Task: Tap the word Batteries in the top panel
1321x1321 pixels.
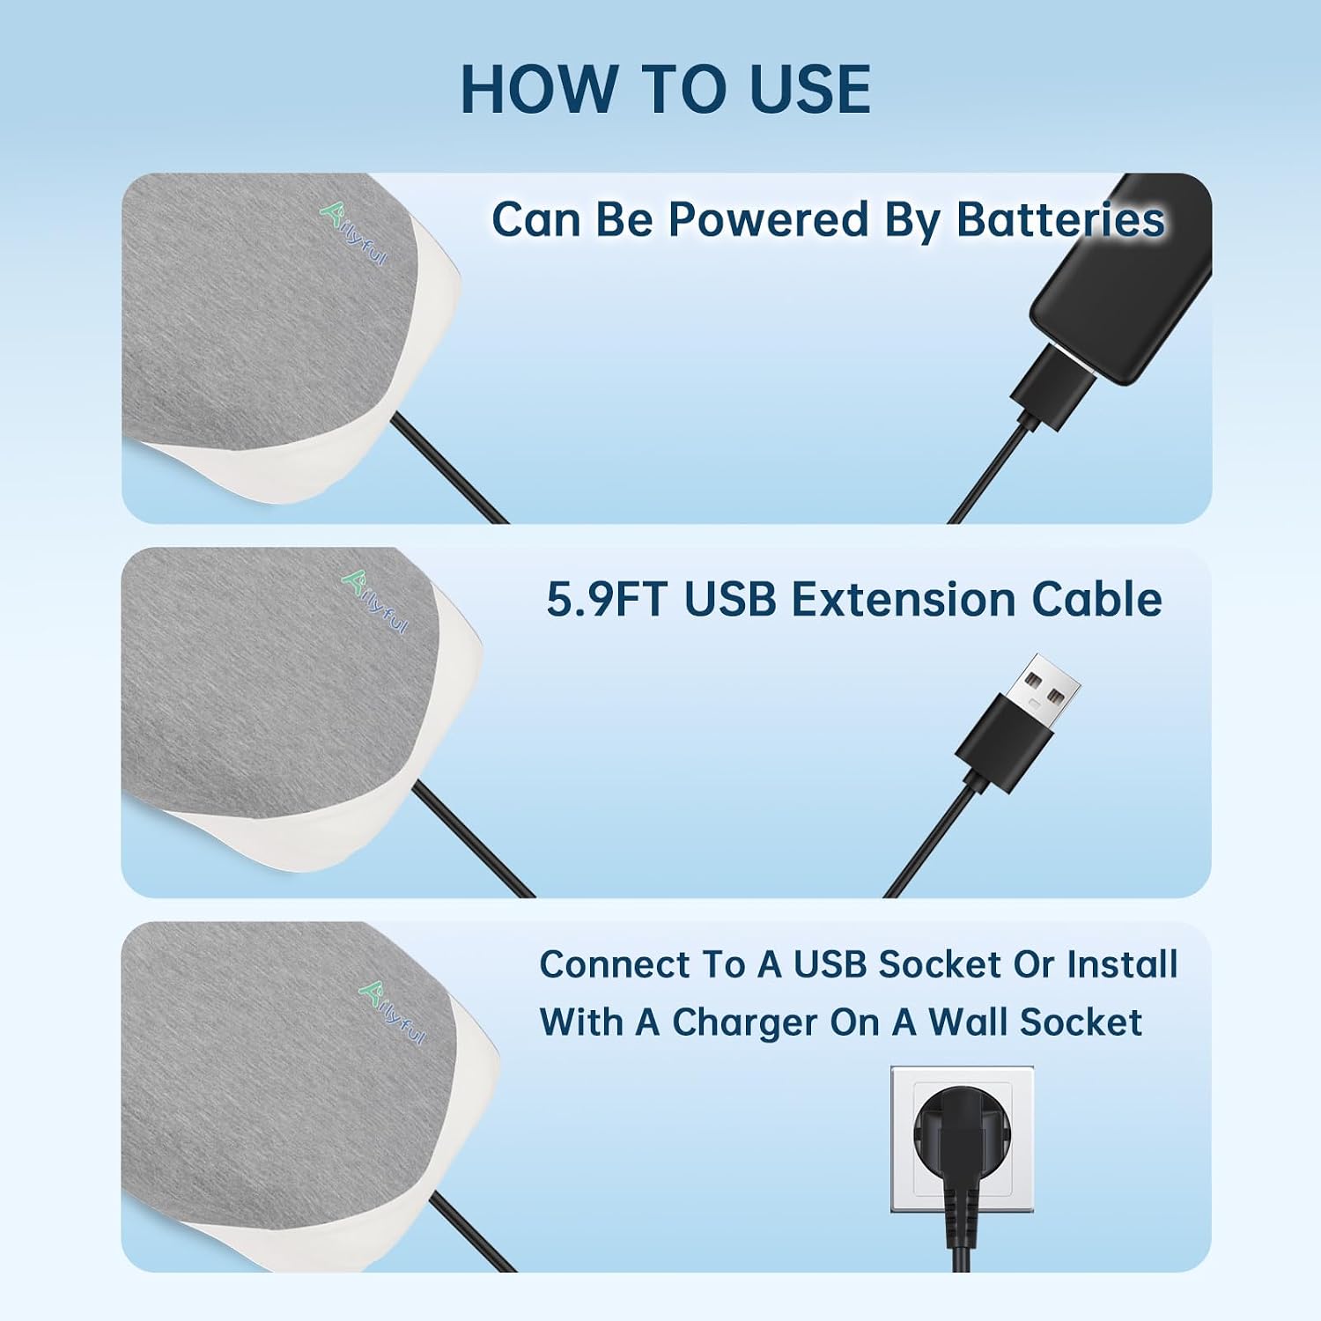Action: [1060, 218]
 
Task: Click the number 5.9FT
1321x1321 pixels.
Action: [607, 600]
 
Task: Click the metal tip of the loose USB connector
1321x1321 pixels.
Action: [1048, 690]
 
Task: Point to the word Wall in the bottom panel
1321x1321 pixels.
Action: [967, 1022]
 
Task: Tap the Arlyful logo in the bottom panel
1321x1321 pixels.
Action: [392, 1013]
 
